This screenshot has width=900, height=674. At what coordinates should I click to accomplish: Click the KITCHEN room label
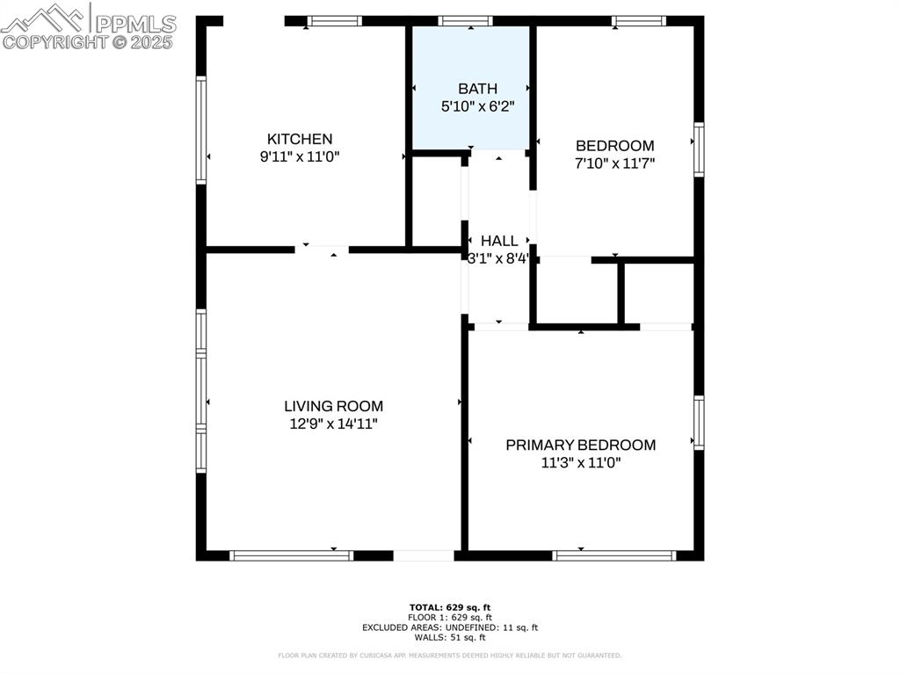click(x=300, y=139)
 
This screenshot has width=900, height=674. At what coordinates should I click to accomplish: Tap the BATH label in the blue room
click(x=477, y=89)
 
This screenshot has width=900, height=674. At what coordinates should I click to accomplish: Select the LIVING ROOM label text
click(x=333, y=406)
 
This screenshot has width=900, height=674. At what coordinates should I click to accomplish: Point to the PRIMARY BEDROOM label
click(x=580, y=445)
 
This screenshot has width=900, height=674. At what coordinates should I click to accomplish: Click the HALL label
click(x=499, y=241)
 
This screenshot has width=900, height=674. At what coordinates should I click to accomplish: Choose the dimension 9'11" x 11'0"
click(x=300, y=156)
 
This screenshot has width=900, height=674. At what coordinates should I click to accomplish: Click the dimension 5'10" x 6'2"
click(x=477, y=105)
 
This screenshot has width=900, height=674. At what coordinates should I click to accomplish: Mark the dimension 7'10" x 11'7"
click(x=614, y=163)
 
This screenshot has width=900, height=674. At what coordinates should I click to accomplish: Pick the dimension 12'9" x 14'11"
click(x=333, y=424)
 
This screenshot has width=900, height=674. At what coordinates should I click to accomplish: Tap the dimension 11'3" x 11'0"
click(x=580, y=462)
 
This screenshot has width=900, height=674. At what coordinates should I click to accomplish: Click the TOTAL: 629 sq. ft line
click(x=450, y=607)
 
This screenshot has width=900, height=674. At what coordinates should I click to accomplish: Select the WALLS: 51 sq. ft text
click(x=450, y=637)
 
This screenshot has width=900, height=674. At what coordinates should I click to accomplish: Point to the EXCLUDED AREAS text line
click(x=450, y=627)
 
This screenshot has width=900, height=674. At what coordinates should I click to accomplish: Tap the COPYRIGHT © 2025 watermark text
click(x=88, y=41)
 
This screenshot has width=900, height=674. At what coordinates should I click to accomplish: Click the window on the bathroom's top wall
click(x=465, y=21)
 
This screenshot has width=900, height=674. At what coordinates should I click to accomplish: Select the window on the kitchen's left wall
click(x=201, y=130)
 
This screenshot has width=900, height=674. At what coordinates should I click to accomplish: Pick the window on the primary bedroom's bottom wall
click(x=614, y=555)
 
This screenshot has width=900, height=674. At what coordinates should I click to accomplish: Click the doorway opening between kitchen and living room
click(x=322, y=250)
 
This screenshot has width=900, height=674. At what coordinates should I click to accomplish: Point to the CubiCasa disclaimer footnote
click(x=450, y=656)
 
